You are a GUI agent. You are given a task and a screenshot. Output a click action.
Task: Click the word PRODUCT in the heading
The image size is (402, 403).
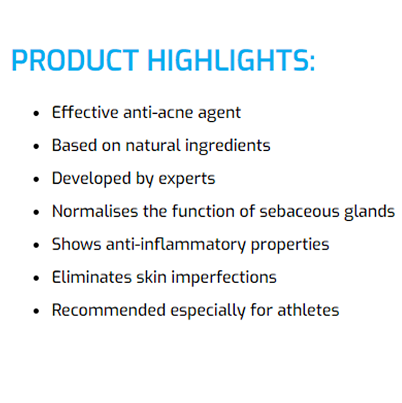(x=75, y=60)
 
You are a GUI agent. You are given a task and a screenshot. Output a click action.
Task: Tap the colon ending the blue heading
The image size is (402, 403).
(x=312, y=62)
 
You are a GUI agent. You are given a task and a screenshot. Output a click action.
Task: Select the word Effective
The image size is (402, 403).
(x=85, y=113)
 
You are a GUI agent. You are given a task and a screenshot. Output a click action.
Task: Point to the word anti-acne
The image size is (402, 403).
(x=158, y=113)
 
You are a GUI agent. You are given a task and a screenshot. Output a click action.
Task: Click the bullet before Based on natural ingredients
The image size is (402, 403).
(x=36, y=146)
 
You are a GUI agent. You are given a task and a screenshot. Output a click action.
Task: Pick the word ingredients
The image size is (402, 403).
(x=228, y=146)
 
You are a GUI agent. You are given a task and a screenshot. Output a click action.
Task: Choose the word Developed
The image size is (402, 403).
(x=92, y=179)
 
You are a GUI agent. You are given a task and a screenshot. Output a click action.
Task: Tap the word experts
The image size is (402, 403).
(x=187, y=179)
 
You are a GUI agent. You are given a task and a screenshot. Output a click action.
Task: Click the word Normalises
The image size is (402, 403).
(x=95, y=211)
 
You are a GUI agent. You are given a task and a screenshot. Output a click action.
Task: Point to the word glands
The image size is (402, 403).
(x=370, y=212)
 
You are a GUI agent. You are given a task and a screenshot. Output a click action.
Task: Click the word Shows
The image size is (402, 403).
(x=76, y=244)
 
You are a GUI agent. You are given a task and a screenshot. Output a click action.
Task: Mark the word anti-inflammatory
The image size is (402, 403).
(x=176, y=245)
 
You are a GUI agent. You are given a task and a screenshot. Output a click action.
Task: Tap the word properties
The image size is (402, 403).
(x=290, y=245)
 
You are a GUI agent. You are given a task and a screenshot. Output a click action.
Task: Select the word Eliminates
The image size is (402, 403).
(x=92, y=277)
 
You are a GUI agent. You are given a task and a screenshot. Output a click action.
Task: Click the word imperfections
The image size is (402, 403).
(x=224, y=277)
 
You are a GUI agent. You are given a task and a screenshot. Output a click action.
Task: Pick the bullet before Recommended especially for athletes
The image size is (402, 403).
(x=36, y=311)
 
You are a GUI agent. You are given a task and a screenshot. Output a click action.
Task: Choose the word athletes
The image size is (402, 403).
(x=308, y=310)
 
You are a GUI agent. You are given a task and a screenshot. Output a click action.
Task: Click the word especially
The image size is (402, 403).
(x=208, y=310)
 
